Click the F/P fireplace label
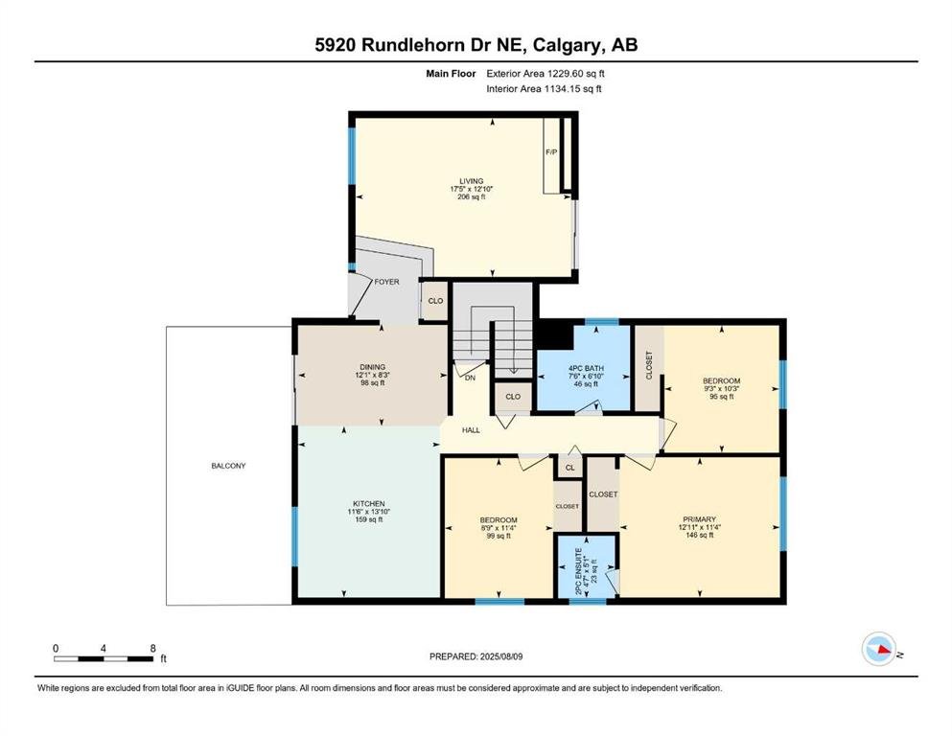(551, 152)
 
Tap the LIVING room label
(471, 181)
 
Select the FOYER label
(386, 282)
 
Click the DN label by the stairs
(470, 378)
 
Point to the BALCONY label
(228, 466)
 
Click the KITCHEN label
(369, 504)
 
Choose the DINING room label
(372, 367)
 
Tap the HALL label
(471, 430)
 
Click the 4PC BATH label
(586, 368)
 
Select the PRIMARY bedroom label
(700, 519)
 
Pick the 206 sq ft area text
(472, 196)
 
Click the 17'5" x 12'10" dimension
(471, 189)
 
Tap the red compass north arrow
(884, 649)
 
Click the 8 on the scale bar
(153, 648)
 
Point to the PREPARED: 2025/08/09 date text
(476, 656)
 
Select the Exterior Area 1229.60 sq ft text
(546, 74)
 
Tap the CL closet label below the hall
(569, 468)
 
